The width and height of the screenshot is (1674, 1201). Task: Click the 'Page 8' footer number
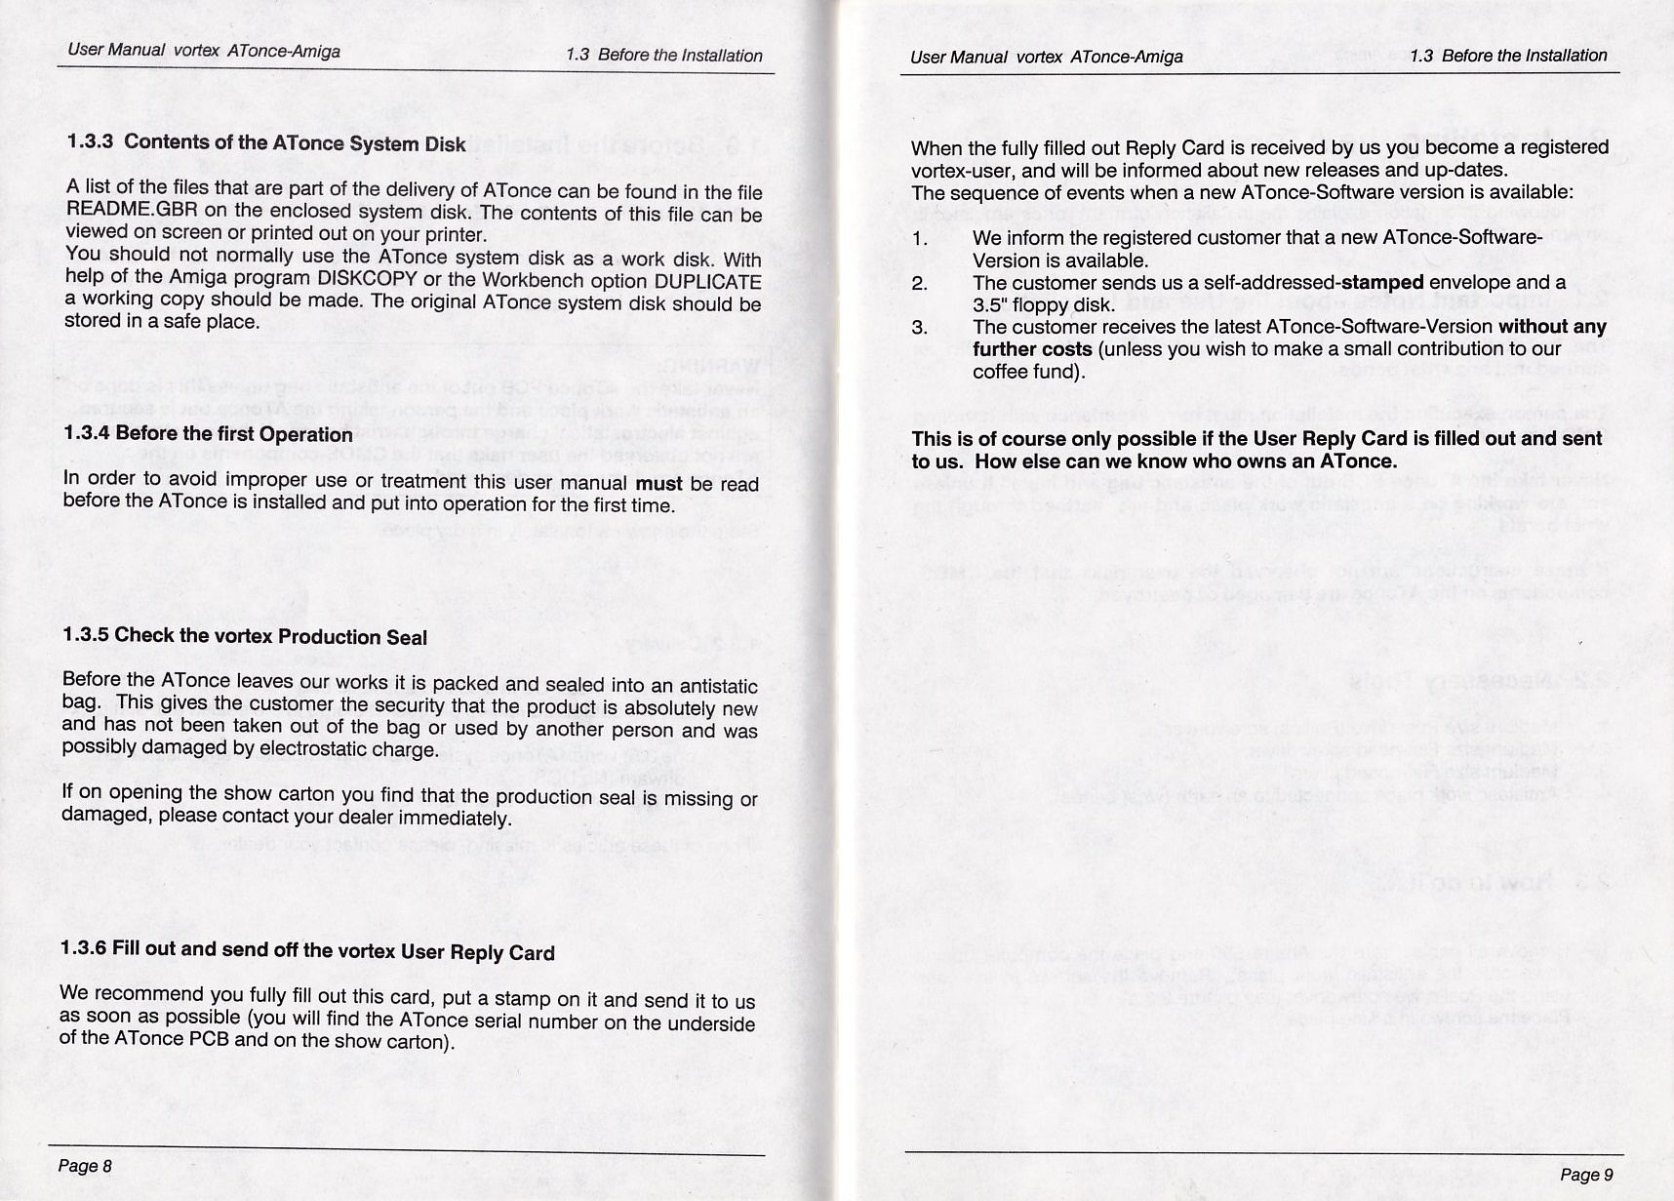pos(85,1166)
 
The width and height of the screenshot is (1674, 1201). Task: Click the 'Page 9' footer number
pos(1586,1175)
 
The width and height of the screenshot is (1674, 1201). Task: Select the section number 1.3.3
pos(90,141)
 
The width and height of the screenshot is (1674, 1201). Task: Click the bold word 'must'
pos(658,483)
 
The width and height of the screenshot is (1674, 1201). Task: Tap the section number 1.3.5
pos(85,635)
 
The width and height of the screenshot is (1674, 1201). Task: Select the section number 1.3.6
pos(82,948)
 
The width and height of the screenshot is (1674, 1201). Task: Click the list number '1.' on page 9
pos(919,239)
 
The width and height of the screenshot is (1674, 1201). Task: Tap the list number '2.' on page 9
pos(919,284)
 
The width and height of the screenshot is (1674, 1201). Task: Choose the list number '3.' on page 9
pos(919,328)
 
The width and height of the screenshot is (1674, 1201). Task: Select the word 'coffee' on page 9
pos(1001,372)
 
